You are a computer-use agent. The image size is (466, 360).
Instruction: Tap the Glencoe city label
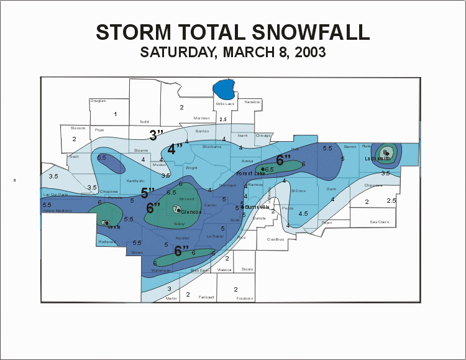click(191, 212)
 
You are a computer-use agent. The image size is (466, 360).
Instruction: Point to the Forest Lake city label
click(250, 173)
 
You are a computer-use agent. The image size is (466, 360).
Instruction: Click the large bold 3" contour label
click(156, 134)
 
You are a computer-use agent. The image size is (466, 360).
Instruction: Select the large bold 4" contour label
click(175, 149)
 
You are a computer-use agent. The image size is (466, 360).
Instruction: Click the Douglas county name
click(98, 101)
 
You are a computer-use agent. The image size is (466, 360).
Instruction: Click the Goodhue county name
click(275, 239)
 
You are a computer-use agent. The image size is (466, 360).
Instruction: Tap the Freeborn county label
click(245, 298)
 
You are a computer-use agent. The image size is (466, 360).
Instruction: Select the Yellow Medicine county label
click(57, 211)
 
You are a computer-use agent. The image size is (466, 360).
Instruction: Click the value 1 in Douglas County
click(115, 114)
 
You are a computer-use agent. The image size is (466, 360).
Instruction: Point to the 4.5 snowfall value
click(303, 213)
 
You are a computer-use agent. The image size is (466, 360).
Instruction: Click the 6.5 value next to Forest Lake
click(270, 169)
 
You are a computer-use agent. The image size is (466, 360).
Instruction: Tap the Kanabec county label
click(253, 102)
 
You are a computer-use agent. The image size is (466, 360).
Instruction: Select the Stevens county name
click(78, 128)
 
